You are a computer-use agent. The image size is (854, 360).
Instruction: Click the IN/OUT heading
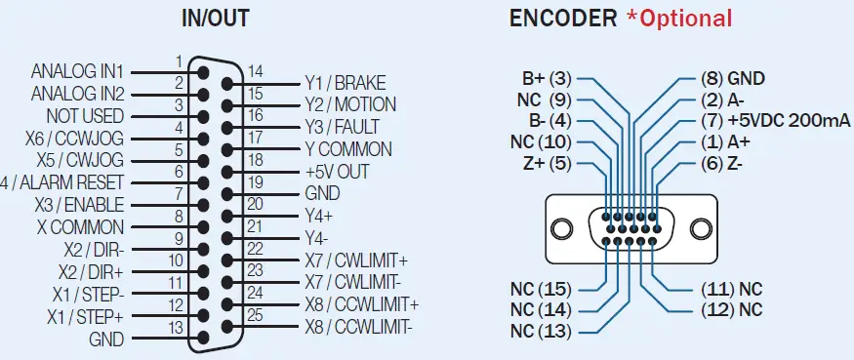[x=215, y=18]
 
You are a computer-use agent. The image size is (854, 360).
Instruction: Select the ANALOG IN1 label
[x=77, y=71]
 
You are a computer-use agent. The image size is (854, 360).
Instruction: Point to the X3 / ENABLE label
[x=79, y=205]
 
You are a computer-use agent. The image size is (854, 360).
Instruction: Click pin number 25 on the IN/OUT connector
[x=255, y=314]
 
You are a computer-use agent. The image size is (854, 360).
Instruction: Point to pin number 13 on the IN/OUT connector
[x=177, y=326]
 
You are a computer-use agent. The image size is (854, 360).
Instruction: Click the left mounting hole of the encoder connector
[x=562, y=229]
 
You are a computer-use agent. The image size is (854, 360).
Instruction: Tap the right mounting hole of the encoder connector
[x=701, y=229]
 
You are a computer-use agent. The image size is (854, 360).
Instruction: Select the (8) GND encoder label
[x=733, y=78]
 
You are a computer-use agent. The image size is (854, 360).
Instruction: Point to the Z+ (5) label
[x=547, y=162]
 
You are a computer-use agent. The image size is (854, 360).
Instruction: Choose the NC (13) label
[x=543, y=330]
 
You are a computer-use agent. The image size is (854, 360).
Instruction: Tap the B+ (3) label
[x=547, y=78]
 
